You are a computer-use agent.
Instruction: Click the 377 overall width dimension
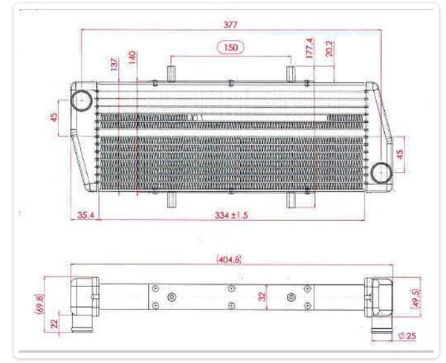tap(230, 25)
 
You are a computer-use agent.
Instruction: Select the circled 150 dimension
tap(231, 48)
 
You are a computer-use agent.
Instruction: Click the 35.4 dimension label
tap(86, 216)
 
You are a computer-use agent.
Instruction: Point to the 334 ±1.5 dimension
tap(231, 216)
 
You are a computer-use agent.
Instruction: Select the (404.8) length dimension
tap(230, 260)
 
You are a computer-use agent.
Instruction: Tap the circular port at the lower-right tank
tap(381, 172)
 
